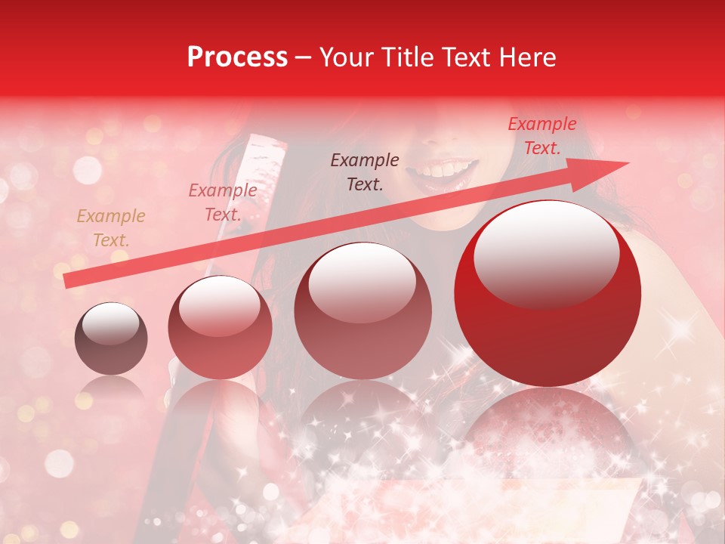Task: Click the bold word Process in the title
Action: coord(237,57)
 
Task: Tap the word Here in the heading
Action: coord(528,57)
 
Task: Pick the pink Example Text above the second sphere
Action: coord(222,202)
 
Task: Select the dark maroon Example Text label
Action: coord(365,172)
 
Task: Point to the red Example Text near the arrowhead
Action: coord(541,136)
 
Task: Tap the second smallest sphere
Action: coord(220,328)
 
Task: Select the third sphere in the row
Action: coord(362,311)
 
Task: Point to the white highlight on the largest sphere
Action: coord(546,253)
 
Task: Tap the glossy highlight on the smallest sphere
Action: coord(110,324)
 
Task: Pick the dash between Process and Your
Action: coord(304,58)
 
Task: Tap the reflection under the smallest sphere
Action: coord(111,389)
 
